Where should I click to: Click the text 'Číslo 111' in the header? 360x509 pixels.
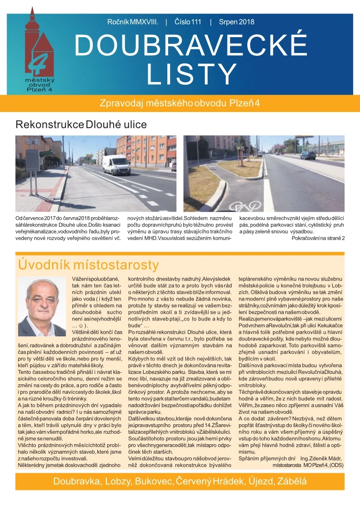188,22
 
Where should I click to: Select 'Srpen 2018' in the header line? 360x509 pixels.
236,22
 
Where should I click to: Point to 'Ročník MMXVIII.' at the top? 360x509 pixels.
133,22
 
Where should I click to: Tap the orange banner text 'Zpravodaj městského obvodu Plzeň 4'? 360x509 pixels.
180,103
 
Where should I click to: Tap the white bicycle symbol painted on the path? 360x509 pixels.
240,206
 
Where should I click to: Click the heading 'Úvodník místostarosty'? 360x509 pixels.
88,264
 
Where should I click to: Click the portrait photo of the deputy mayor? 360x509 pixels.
42,306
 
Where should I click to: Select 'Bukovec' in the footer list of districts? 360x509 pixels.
151,481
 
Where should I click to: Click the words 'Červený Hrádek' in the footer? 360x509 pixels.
204,481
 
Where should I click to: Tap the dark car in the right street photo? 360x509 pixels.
308,155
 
